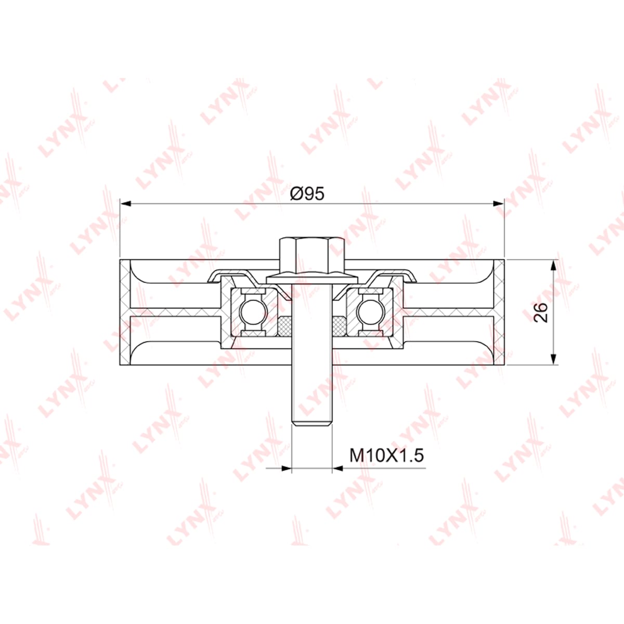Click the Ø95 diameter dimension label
307,194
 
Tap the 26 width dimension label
540,313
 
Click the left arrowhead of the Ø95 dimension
125,203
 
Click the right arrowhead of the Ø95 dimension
498,203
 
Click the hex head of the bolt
312,256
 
